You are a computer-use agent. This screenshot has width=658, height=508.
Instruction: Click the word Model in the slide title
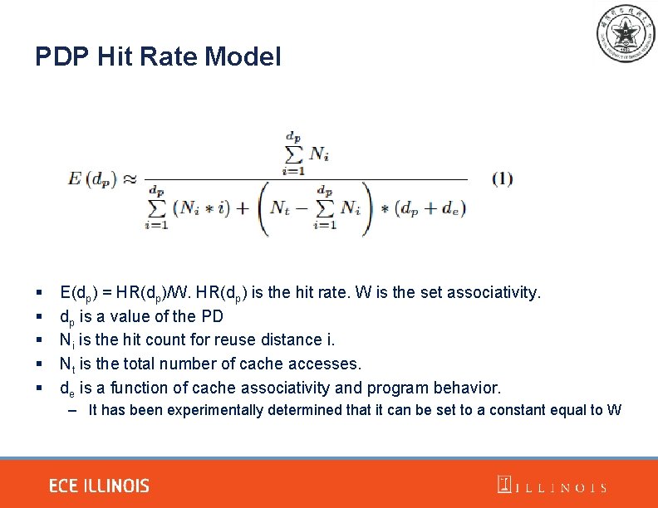(x=243, y=56)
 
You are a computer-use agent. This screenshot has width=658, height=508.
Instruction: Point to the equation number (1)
(x=502, y=178)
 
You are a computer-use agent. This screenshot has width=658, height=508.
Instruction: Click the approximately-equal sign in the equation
(x=130, y=178)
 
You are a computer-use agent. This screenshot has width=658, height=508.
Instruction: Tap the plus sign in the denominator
(x=243, y=207)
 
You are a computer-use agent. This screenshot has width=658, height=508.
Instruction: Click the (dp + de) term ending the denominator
(x=430, y=207)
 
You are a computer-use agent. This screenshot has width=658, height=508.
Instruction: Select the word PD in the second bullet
(x=211, y=316)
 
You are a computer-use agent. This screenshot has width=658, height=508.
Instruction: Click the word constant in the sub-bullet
(x=514, y=410)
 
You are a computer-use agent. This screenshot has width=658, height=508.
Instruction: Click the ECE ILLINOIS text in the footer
(x=99, y=486)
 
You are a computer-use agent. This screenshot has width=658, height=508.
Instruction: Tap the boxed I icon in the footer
(x=504, y=485)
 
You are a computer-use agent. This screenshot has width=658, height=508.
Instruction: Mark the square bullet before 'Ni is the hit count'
(x=40, y=340)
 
